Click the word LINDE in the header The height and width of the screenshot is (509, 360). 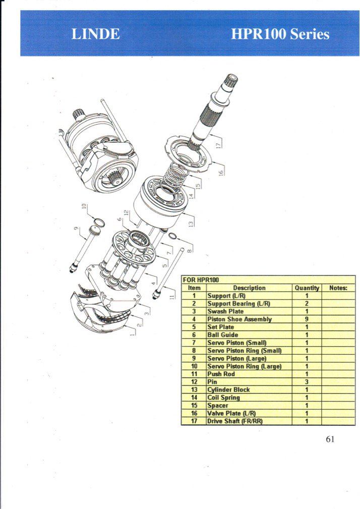point(95,34)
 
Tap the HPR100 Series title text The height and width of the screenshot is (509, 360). point(280,34)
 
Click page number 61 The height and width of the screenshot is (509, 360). point(330,439)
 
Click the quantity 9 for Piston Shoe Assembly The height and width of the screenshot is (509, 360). point(307,319)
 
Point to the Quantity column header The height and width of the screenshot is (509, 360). point(307,288)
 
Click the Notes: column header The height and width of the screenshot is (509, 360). point(338,288)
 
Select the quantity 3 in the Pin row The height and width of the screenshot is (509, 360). point(307,382)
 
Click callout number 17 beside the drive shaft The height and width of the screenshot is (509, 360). point(219,143)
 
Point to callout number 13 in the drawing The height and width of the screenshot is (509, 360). point(192,223)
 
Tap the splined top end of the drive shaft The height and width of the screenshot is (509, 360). point(231,80)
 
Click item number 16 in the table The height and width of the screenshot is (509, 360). point(194,413)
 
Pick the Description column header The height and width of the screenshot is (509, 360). point(249,288)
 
